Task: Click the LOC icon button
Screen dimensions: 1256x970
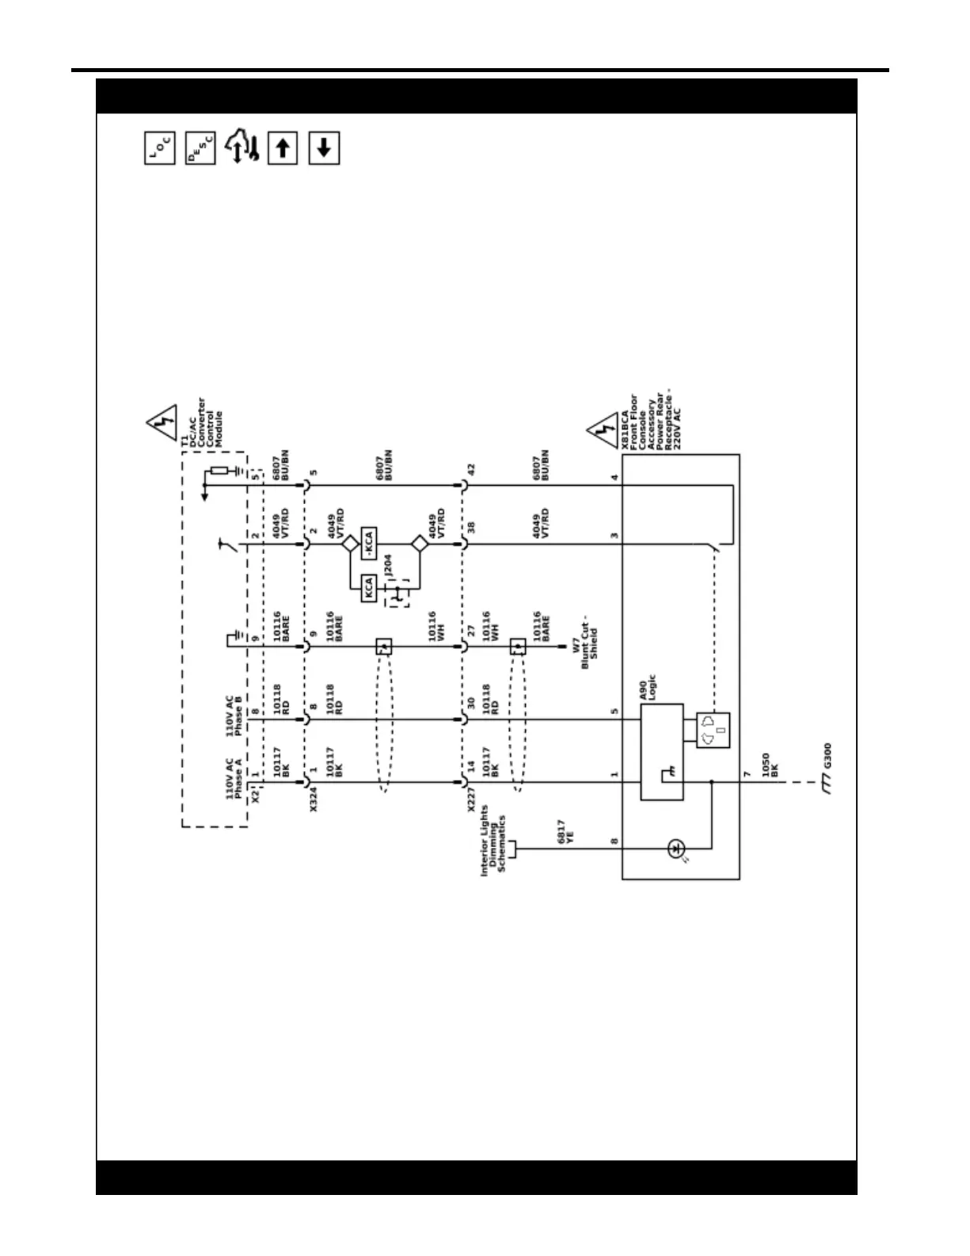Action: (x=159, y=148)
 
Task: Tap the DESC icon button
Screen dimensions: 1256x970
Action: (x=200, y=148)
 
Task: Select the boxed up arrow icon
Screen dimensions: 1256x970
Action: (x=283, y=148)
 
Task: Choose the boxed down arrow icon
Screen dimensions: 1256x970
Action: (x=324, y=148)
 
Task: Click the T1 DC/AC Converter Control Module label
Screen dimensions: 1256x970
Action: (x=202, y=424)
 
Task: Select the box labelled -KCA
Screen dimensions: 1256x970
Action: (x=368, y=544)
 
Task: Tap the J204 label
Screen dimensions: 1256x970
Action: (x=388, y=566)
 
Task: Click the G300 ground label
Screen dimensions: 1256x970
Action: (x=827, y=756)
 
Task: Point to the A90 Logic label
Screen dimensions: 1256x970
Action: (x=648, y=689)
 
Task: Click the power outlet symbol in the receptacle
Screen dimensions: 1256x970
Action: (x=713, y=731)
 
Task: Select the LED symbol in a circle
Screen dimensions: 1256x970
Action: (x=675, y=849)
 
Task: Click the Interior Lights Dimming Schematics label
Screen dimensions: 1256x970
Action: (x=493, y=840)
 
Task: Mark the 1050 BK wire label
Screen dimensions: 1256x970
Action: (x=770, y=764)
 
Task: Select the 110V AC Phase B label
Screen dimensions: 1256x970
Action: (x=234, y=716)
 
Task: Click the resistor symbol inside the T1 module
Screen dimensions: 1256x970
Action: (x=219, y=471)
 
